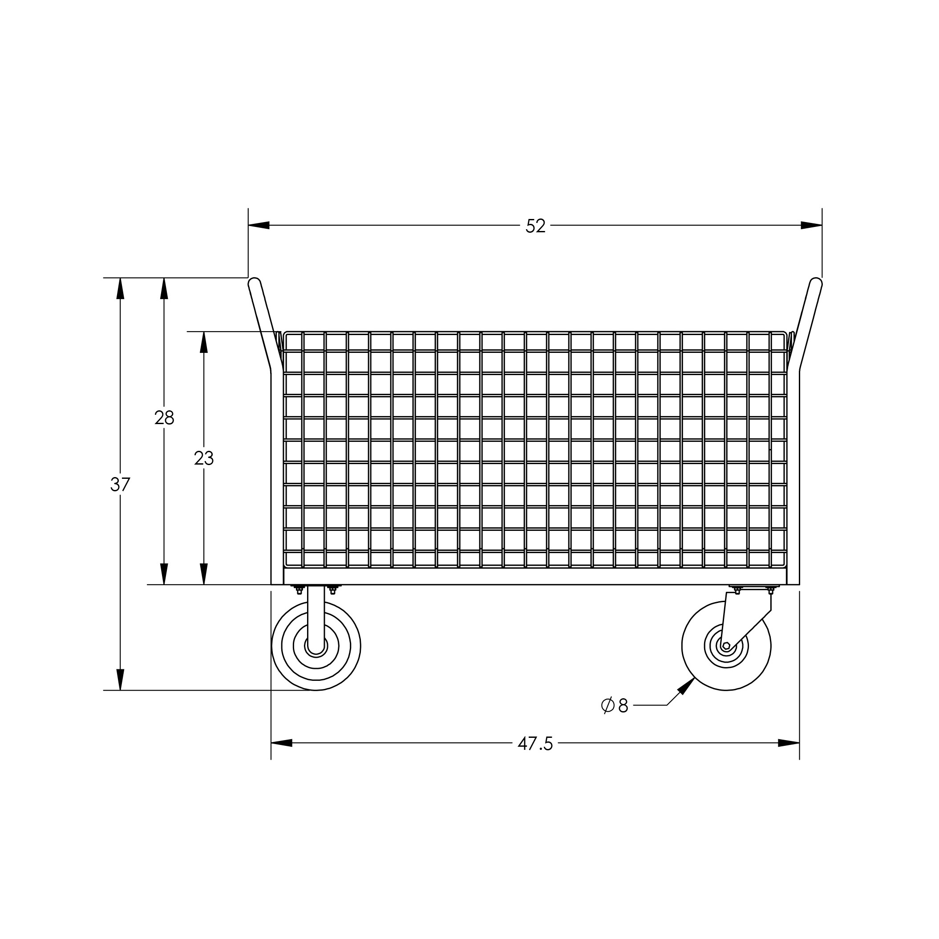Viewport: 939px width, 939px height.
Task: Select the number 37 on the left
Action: click(120, 485)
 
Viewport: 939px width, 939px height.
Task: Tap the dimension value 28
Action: click(164, 418)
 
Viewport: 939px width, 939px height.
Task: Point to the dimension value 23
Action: click(204, 458)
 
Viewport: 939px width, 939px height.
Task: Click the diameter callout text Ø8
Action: click(615, 705)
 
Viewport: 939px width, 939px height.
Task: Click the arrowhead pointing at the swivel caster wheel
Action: click(686, 687)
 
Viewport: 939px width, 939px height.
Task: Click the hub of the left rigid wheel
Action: click(316, 646)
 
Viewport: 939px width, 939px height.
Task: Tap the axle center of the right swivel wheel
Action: click(726, 646)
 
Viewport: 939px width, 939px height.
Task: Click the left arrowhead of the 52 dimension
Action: click(259, 226)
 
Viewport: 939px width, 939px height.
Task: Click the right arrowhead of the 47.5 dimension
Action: click(789, 743)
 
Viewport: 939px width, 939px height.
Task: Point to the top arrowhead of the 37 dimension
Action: click(121, 289)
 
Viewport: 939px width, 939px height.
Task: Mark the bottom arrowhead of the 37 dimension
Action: click(121, 680)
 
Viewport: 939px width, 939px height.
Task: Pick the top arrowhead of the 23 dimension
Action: click(204, 342)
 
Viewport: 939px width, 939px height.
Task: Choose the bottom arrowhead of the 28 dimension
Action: click(164, 574)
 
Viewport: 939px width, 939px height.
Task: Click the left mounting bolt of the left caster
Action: click(299, 591)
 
